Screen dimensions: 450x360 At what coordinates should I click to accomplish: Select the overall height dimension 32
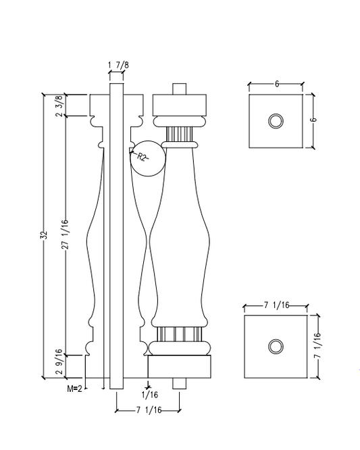click(45, 236)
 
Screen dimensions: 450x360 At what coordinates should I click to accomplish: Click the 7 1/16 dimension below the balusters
click(147, 410)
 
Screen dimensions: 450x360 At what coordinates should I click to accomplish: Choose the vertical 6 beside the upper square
click(315, 120)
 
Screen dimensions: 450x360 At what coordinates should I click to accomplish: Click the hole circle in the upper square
click(276, 121)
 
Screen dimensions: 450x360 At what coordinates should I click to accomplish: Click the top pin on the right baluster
click(179, 89)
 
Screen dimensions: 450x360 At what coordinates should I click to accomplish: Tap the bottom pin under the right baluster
click(179, 382)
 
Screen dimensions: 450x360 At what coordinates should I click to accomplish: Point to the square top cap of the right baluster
click(179, 105)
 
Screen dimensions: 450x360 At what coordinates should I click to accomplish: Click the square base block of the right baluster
click(179, 366)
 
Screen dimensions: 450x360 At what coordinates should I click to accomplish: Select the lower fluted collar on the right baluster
click(179, 334)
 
